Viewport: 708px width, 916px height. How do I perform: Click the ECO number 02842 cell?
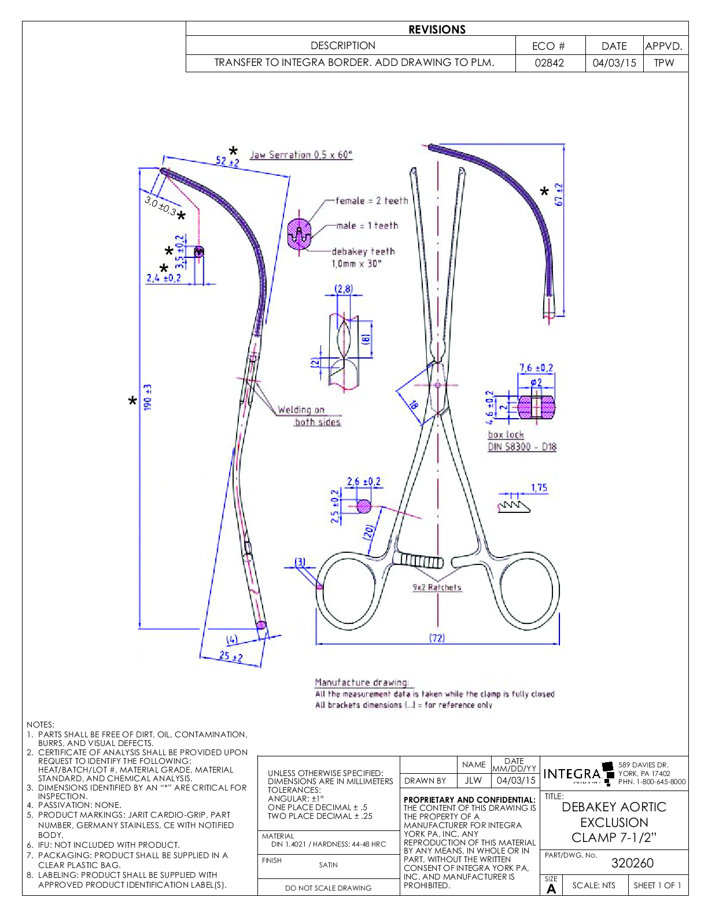549,62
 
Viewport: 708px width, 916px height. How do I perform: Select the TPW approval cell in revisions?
664,62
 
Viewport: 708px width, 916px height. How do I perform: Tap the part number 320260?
632,863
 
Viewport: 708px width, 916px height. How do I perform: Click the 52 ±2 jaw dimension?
227,161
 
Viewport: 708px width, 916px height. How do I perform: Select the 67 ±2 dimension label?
559,195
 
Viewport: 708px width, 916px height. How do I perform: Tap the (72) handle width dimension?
437,637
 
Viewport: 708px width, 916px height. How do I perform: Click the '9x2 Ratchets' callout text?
437,588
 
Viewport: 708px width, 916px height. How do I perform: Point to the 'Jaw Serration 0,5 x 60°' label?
301,155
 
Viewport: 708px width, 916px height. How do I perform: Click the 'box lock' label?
506,434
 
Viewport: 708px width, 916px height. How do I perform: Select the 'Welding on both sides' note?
309,416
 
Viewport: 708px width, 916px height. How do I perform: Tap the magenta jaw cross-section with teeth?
299,234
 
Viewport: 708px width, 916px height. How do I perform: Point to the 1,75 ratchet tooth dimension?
539,487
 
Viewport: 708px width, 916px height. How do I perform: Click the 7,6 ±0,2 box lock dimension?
536,368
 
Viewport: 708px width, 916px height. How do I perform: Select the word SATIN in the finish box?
328,865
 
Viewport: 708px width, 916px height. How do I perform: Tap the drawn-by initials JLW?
473,780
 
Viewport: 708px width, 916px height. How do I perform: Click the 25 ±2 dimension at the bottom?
231,656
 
